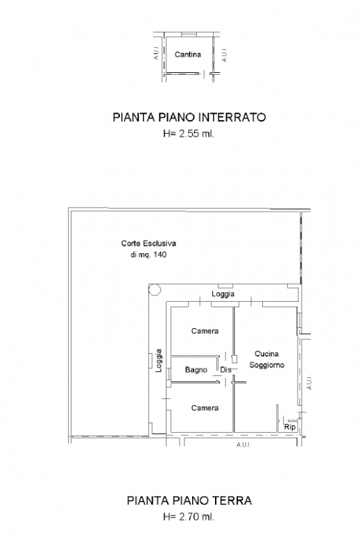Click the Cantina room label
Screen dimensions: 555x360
pyautogui.click(x=188, y=54)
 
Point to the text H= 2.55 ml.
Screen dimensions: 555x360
pyautogui.click(x=189, y=135)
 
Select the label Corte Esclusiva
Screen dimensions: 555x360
pyautogui.click(x=148, y=244)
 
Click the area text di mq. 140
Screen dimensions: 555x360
pyautogui.click(x=148, y=255)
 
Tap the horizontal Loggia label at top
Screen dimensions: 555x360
pyautogui.click(x=223, y=294)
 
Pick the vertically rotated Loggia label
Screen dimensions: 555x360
pyautogui.click(x=159, y=360)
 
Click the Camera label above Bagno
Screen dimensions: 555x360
pyautogui.click(x=205, y=331)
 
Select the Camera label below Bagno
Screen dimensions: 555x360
pyautogui.click(x=205, y=408)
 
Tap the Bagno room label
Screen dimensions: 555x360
pyautogui.click(x=196, y=370)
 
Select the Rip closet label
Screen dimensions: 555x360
pyautogui.click(x=290, y=427)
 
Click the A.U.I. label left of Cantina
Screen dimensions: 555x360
pyautogui.click(x=155, y=54)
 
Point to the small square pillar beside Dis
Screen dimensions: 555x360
pyautogui.click(x=234, y=359)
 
